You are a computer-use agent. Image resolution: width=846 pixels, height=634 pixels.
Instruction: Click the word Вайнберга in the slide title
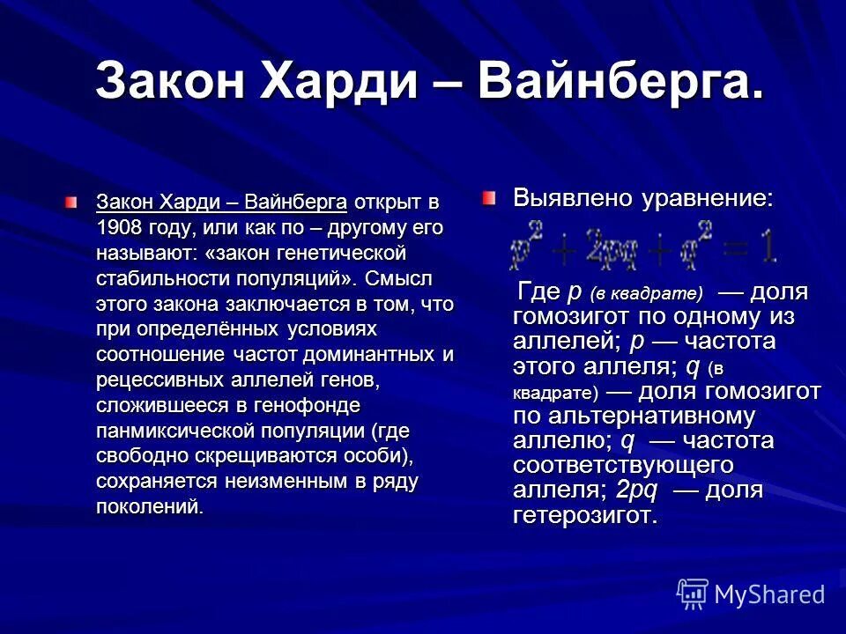tap(616, 83)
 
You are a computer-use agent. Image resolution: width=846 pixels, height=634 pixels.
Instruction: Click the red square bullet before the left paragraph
tap(71, 203)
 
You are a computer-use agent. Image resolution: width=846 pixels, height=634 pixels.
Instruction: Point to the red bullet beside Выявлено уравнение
tap(490, 198)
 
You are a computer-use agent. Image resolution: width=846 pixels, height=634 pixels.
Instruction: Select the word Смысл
tap(401, 279)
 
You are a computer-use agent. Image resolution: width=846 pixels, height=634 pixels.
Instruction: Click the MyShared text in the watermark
tap(769, 593)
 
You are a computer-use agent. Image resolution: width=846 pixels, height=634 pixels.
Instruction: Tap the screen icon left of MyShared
tap(693, 593)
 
